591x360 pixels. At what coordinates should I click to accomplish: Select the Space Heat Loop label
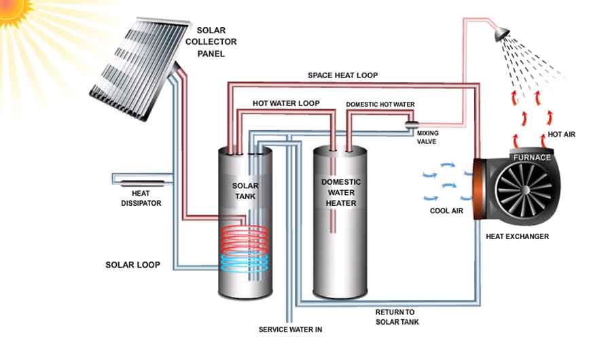pyautogui.click(x=342, y=75)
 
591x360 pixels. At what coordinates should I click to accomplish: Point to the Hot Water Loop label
pyautogui.click(x=286, y=103)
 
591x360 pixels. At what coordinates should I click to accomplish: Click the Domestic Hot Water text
pyautogui.click(x=380, y=105)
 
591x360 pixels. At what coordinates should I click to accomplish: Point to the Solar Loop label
pyautogui.click(x=133, y=264)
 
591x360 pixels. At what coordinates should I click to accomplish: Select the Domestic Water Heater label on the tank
pyautogui.click(x=341, y=193)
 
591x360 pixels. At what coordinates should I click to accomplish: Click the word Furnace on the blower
pyautogui.click(x=531, y=158)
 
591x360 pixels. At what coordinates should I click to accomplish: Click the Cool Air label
pyautogui.click(x=446, y=211)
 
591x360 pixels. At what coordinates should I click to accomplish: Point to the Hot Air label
pyautogui.click(x=560, y=134)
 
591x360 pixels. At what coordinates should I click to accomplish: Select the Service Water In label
pyautogui.click(x=290, y=330)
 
